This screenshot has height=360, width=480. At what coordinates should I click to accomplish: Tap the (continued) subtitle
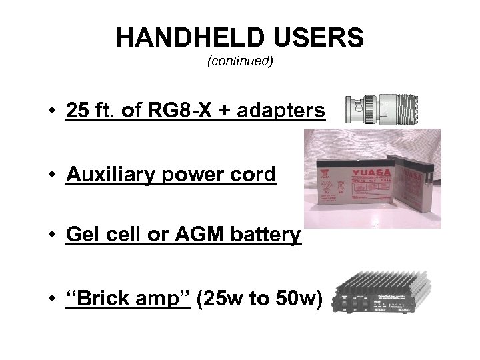pyautogui.click(x=240, y=61)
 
